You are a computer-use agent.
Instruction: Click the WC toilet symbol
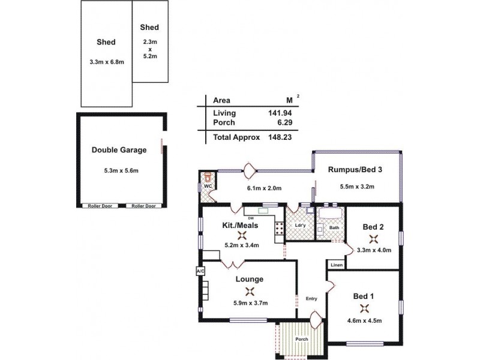coord(208,177)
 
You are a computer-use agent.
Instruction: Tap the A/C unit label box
coord(200,271)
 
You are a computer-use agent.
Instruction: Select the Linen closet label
coord(336,265)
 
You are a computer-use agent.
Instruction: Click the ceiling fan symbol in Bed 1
coord(364,308)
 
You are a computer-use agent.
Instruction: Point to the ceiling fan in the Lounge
coord(250,292)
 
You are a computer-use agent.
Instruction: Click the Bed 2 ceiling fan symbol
coord(373,238)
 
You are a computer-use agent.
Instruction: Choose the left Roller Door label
coord(96,206)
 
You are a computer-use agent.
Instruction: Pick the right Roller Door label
coord(144,206)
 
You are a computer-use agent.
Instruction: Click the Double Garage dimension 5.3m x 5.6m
coord(121,171)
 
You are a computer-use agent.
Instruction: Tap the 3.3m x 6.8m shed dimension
coord(106,62)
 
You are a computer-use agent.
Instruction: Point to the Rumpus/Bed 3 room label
coord(355,170)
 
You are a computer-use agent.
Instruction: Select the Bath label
coord(334,228)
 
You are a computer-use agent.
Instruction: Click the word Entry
coord(311,298)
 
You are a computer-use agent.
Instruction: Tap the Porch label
coord(302,339)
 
